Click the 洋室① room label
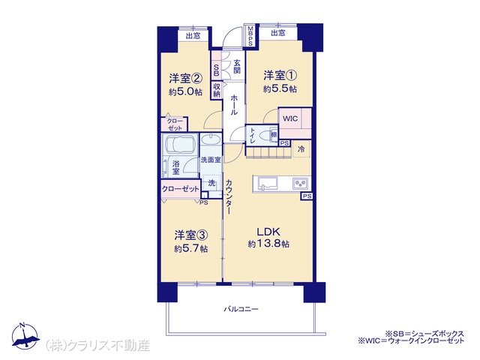tap(280, 75)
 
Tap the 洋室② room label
tap(185, 78)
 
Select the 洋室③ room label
tap(191, 235)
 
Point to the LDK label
tap(268, 232)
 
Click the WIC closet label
tap(290, 118)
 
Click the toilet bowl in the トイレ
tap(265, 135)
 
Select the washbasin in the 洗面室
tap(211, 140)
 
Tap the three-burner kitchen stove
tap(301, 183)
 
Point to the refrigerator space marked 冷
tap(301, 149)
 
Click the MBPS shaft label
tap(250, 36)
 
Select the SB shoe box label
tap(216, 70)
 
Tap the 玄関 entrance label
tap(237, 67)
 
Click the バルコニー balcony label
tap(241, 309)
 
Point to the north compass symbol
tap(25, 336)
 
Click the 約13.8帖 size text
tap(268, 244)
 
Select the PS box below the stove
tap(307, 196)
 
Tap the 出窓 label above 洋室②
tap(193, 36)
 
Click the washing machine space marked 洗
tap(211, 183)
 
